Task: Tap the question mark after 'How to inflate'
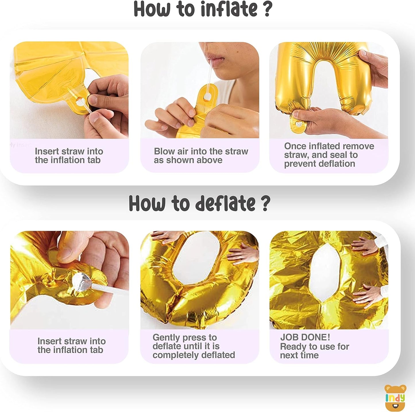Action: (x=267, y=9)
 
